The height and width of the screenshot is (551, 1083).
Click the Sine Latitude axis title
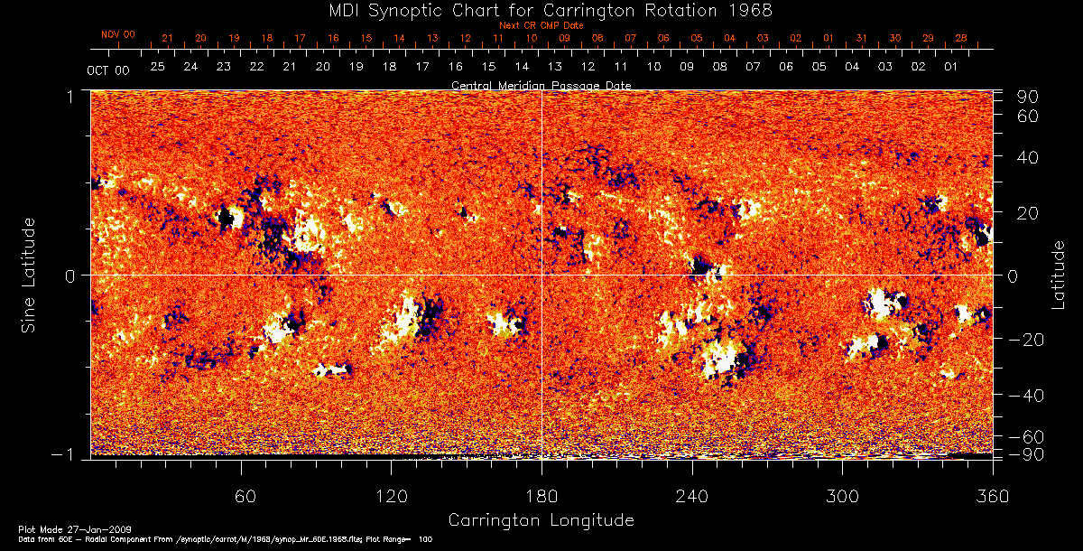(x=29, y=275)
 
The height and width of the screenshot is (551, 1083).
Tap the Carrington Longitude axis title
(x=541, y=520)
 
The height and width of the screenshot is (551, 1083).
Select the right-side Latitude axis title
(x=1058, y=275)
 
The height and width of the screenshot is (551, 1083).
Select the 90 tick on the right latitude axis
(x=1030, y=97)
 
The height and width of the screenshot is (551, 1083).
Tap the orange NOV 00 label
(x=118, y=34)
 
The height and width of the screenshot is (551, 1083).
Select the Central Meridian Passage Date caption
(x=541, y=85)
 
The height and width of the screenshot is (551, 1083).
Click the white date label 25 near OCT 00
(x=158, y=67)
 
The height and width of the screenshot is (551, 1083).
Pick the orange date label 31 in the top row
(x=861, y=38)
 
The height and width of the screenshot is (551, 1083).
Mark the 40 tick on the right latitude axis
(x=1030, y=157)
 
